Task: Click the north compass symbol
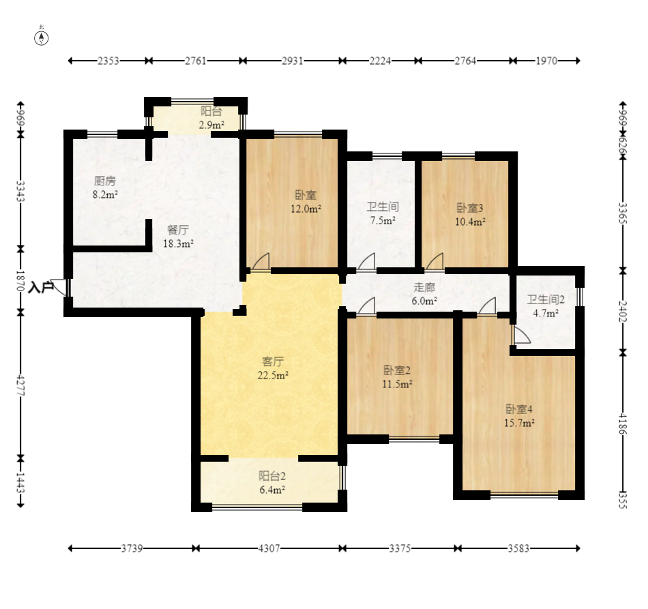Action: [x=42, y=38]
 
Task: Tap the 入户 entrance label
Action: [x=40, y=287]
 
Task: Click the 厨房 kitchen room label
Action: [x=105, y=181]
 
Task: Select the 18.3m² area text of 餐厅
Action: [x=179, y=243]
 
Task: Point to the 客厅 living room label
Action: [x=273, y=361]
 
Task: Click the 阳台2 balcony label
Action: [x=272, y=477]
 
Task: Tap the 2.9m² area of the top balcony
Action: [x=211, y=125]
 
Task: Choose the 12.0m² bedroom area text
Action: [x=306, y=209]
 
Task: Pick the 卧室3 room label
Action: [x=470, y=208]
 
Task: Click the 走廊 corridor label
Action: [x=424, y=287]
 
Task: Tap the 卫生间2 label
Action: [x=546, y=299]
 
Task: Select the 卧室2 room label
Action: [x=397, y=370]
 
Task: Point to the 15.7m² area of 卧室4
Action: [x=520, y=423]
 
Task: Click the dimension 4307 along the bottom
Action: [x=269, y=549]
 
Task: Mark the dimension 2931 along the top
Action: [x=292, y=61]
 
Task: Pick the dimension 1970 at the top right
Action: [x=546, y=61]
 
